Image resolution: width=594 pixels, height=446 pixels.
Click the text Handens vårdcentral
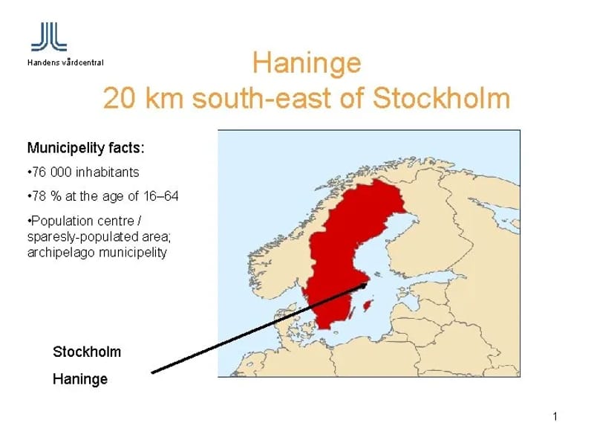click(66, 62)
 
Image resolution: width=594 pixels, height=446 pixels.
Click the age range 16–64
click(159, 197)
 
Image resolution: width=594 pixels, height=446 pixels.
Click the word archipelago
click(57, 253)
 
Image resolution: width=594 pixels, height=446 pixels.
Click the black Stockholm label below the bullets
click(87, 350)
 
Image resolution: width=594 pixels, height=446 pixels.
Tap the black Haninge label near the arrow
click(80, 379)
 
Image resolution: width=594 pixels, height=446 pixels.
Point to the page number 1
click(555, 416)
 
